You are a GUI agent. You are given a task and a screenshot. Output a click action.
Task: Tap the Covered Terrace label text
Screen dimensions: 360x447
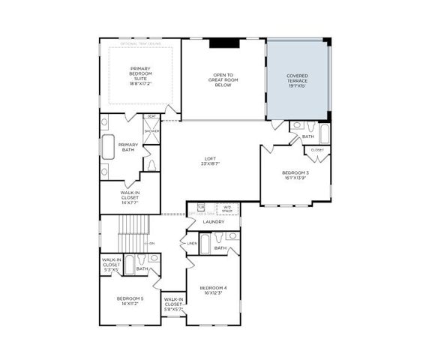point(298,80)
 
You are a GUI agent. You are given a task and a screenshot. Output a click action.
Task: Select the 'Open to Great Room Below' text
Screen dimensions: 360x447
point(223,80)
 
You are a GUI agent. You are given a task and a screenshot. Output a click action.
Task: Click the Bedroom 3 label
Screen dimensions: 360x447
point(295,175)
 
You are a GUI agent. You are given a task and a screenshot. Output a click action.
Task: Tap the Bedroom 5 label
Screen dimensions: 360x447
point(130,302)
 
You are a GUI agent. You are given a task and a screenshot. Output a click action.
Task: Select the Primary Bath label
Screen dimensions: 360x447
point(128,147)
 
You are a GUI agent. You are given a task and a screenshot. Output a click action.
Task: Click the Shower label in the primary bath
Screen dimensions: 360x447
point(151,130)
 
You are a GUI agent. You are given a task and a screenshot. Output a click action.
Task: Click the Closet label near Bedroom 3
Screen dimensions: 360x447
point(317,149)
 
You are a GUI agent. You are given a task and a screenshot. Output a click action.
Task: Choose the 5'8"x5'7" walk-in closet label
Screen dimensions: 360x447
point(173,306)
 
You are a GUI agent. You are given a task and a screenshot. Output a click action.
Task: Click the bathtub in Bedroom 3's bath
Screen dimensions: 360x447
point(324,133)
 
